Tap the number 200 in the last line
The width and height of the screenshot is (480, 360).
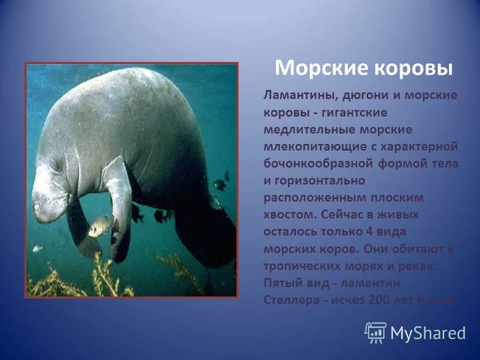coord(379,299)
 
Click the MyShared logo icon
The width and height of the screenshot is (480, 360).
coord(376,332)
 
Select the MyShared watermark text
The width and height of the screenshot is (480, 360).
coord(428,333)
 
